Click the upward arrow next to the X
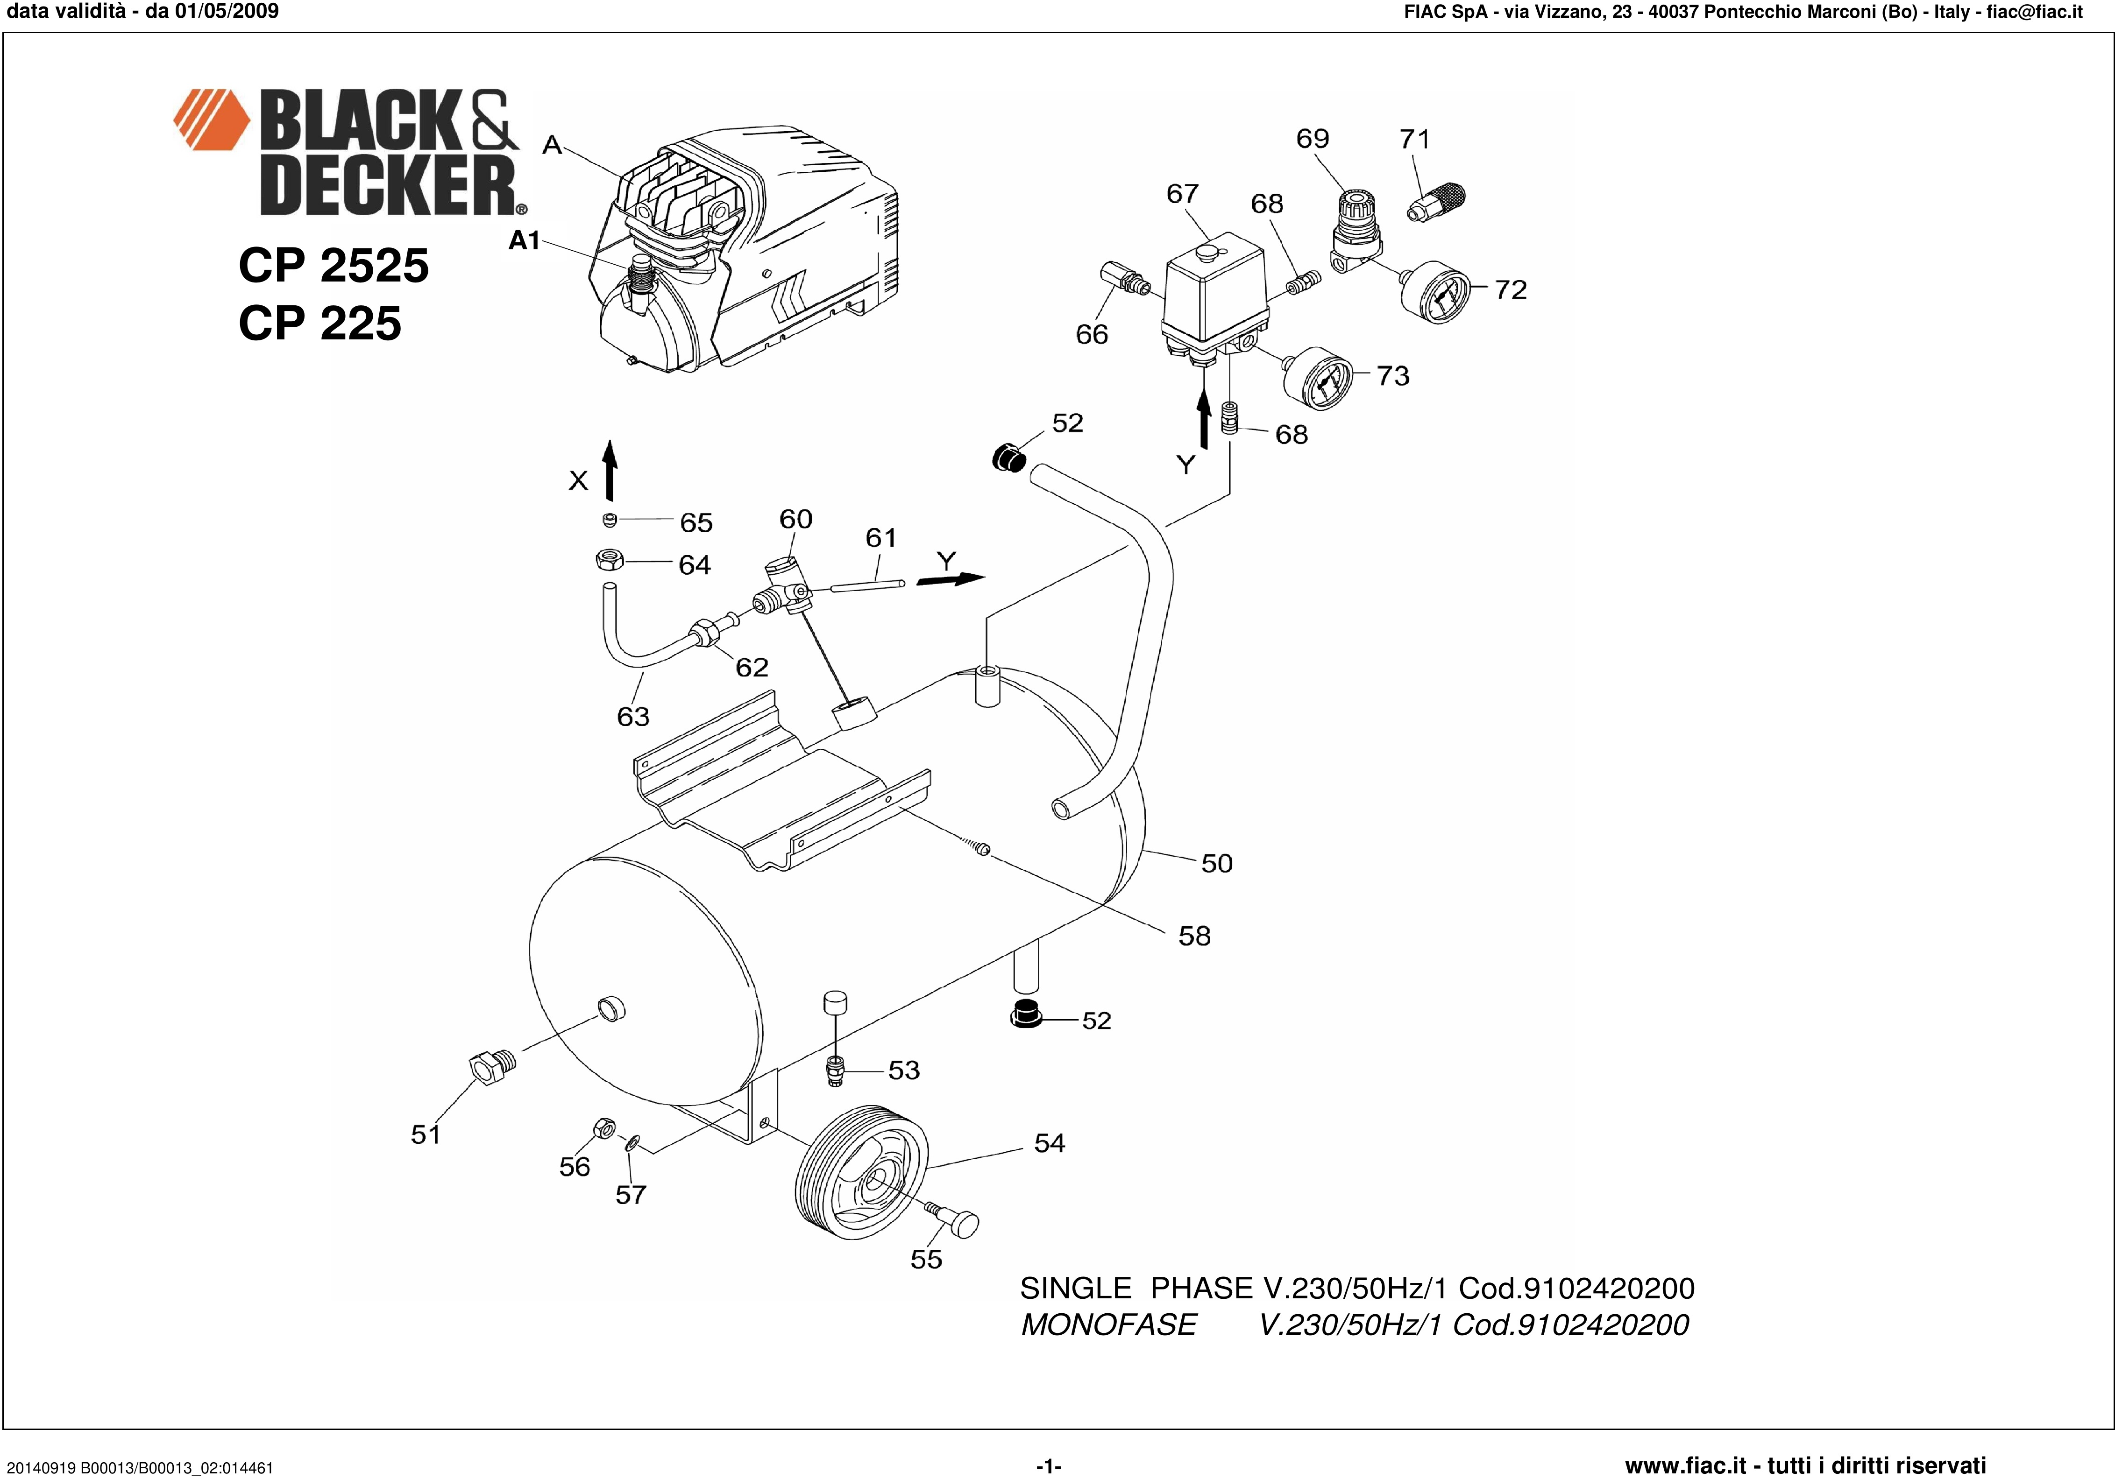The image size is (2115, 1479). [609, 470]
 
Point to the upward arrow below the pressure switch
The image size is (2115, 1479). [1203, 419]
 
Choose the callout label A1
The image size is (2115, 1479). [524, 240]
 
